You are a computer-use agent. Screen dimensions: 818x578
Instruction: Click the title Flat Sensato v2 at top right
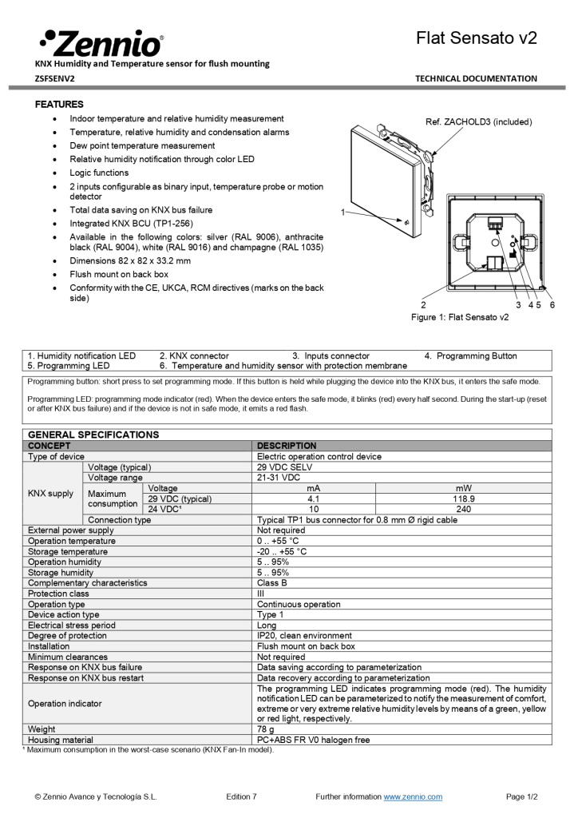(x=476, y=38)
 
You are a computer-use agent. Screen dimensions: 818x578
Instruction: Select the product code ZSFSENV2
(x=55, y=78)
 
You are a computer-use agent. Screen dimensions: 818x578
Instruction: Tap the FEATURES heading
(x=59, y=105)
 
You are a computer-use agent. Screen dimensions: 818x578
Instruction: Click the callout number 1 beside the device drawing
(x=342, y=212)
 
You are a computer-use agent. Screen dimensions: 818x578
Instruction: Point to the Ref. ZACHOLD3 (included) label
(x=478, y=122)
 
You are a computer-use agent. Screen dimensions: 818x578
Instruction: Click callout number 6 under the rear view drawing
(x=552, y=304)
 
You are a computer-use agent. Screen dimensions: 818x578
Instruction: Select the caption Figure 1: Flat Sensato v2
(x=459, y=317)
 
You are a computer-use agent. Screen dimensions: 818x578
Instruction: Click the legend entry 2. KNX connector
(x=194, y=355)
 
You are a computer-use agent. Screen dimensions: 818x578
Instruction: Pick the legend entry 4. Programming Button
(x=470, y=355)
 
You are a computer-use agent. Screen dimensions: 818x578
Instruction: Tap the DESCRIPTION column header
(x=287, y=446)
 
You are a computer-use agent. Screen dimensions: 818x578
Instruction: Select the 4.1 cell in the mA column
(x=313, y=498)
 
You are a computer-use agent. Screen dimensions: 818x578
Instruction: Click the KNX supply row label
(x=51, y=494)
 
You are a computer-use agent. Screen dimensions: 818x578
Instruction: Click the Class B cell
(x=272, y=583)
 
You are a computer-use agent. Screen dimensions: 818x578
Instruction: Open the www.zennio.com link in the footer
(x=413, y=796)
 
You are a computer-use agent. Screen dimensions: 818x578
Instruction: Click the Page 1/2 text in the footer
(x=522, y=796)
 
